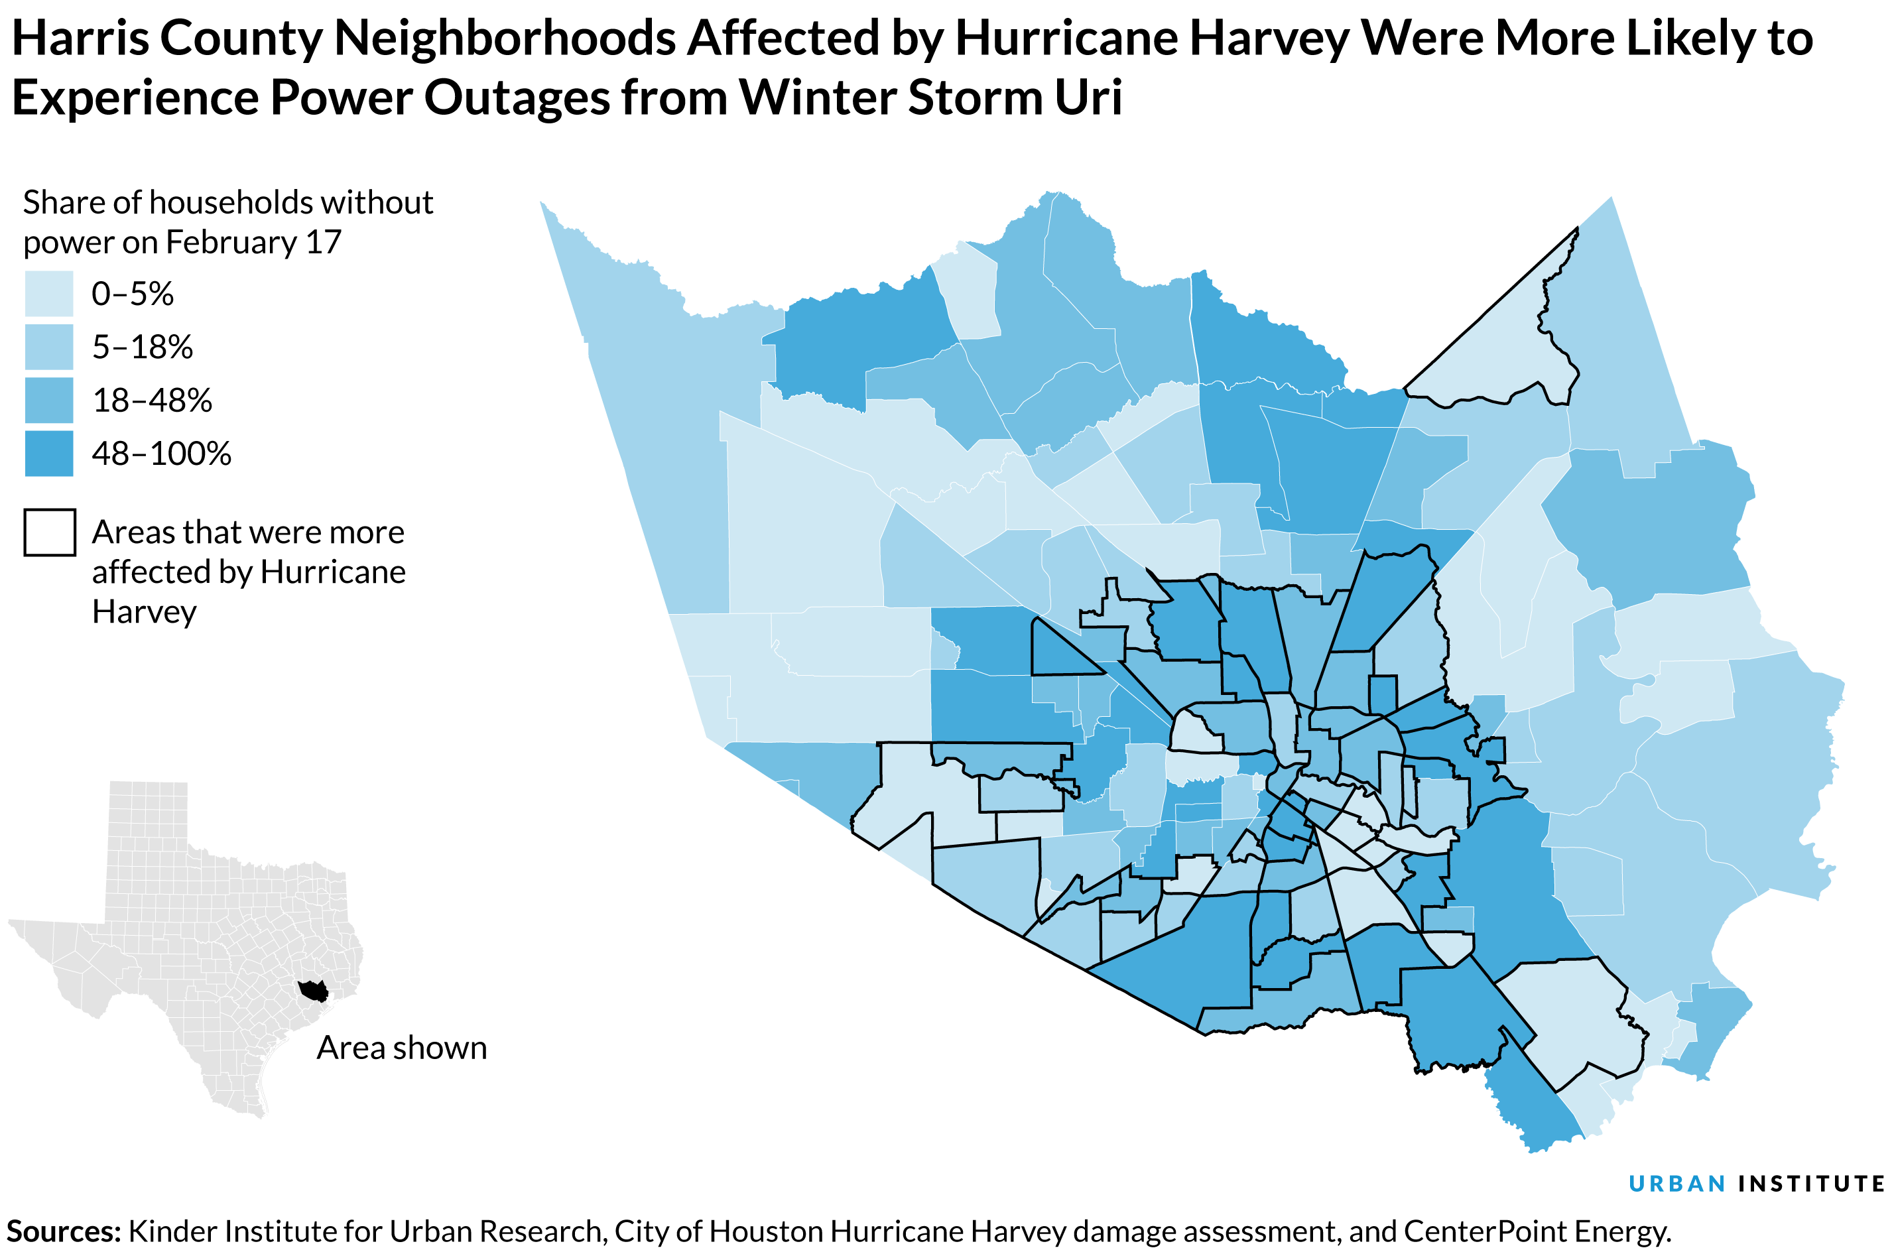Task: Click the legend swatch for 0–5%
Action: click(49, 294)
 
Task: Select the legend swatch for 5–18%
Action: click(49, 346)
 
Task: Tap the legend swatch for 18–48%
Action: click(49, 400)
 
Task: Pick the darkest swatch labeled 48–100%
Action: click(49, 454)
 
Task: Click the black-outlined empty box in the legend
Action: click(50, 532)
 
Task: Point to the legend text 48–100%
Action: click(162, 454)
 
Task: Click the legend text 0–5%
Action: click(133, 294)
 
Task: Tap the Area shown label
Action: click(401, 1048)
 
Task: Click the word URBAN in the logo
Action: click(1676, 1184)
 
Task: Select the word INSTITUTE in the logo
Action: click(1811, 1184)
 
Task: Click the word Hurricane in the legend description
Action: click(333, 572)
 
